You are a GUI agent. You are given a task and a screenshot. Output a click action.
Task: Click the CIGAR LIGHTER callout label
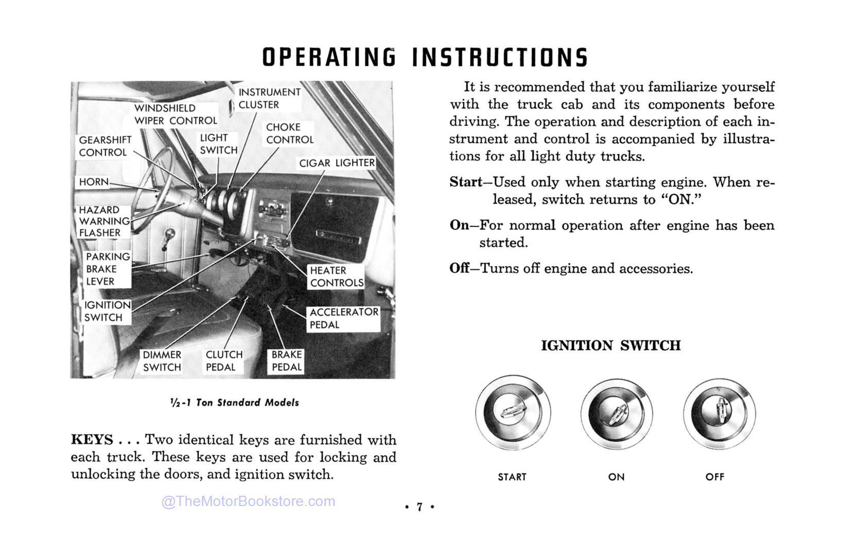point(337,163)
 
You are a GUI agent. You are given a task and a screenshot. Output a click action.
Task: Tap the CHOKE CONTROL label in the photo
point(290,133)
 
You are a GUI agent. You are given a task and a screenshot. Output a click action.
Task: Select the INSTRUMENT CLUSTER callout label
point(269,98)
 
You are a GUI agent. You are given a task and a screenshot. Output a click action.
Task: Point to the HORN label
point(94,182)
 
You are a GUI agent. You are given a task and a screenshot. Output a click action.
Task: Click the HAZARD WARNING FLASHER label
point(103,221)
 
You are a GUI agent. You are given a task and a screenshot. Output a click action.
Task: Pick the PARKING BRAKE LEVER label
point(108,269)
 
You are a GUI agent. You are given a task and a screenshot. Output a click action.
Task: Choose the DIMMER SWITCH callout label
point(162,361)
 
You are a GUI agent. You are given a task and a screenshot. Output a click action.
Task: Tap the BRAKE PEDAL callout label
point(287,361)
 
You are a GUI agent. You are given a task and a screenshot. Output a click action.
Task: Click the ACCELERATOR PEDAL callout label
point(343,318)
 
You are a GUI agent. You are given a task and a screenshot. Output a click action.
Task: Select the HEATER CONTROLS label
point(337,277)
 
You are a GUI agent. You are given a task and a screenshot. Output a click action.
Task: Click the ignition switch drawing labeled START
point(513,413)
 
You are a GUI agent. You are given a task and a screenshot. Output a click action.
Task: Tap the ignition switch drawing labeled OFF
point(719,413)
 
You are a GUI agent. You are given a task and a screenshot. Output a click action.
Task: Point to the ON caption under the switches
point(616,477)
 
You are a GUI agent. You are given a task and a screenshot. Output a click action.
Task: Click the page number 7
point(419,507)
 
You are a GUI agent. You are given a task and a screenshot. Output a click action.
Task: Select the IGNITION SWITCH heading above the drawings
point(610,346)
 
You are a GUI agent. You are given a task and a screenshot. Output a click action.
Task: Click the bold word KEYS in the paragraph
point(92,440)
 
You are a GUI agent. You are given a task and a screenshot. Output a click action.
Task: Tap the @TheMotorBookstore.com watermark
point(248,501)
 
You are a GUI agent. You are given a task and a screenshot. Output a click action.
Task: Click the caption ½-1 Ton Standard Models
point(234,403)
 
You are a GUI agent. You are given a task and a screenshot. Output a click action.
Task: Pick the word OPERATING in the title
point(329,57)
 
